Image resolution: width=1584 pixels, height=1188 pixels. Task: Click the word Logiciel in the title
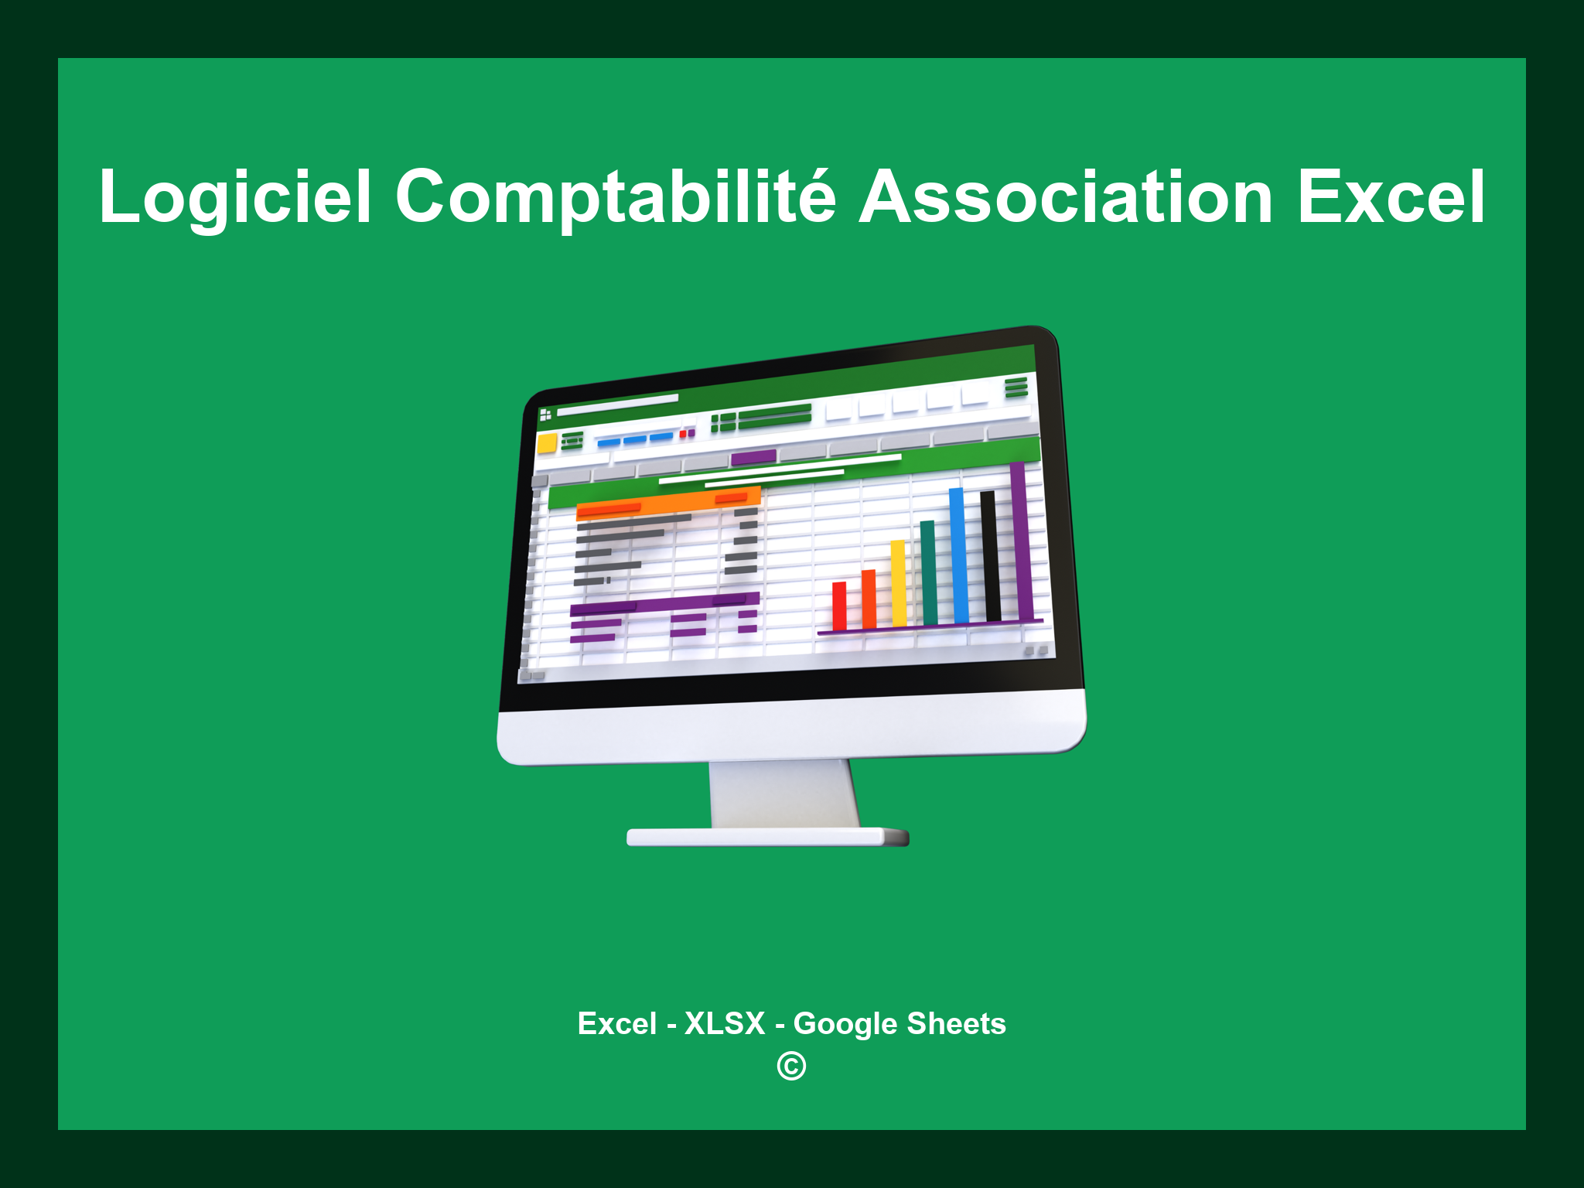[235, 198]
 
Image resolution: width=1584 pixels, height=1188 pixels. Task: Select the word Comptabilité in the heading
[615, 198]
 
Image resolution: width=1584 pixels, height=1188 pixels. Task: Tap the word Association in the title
[1066, 198]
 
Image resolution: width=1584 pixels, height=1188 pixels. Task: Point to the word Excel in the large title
[1391, 198]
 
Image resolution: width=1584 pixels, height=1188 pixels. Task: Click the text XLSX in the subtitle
[725, 1023]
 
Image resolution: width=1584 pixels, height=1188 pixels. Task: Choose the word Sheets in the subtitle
[956, 1023]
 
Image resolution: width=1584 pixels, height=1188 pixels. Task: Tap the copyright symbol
[791, 1067]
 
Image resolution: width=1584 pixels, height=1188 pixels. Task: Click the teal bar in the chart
[928, 572]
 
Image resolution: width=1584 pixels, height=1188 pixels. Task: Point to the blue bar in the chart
[958, 555]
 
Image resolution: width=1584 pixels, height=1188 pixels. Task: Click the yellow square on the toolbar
[548, 443]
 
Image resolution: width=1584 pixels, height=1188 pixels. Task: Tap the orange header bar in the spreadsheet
[668, 503]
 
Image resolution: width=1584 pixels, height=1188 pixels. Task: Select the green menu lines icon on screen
[1016, 387]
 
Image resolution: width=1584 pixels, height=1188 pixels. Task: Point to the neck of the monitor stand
[783, 793]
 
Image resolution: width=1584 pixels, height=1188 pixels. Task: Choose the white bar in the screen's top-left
[617, 404]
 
